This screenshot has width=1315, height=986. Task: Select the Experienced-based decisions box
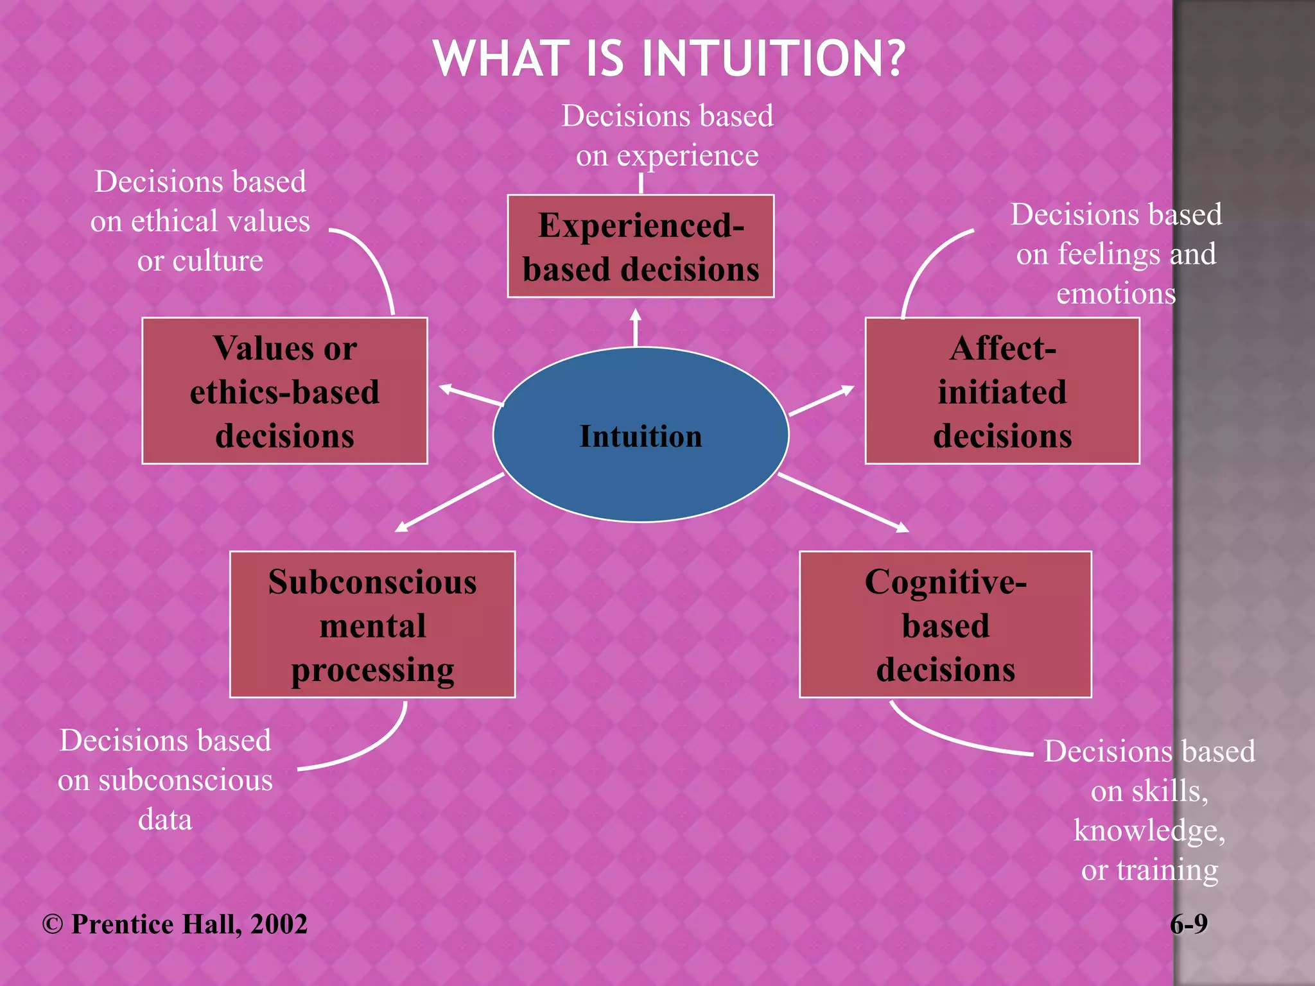[640, 246]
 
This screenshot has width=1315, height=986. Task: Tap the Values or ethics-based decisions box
[284, 391]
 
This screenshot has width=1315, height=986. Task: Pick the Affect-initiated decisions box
[1002, 391]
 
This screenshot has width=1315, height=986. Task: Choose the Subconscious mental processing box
[372, 625]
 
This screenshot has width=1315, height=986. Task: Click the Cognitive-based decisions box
[945, 625]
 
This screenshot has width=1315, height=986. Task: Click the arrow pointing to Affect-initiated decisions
[821, 401]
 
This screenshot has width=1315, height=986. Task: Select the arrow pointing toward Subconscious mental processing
[449, 503]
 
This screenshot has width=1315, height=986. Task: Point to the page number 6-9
[1189, 924]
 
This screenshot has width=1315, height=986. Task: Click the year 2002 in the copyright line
[279, 924]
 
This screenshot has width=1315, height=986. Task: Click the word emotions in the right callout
[1116, 294]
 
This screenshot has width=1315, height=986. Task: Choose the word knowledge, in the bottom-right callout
[1149, 831]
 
